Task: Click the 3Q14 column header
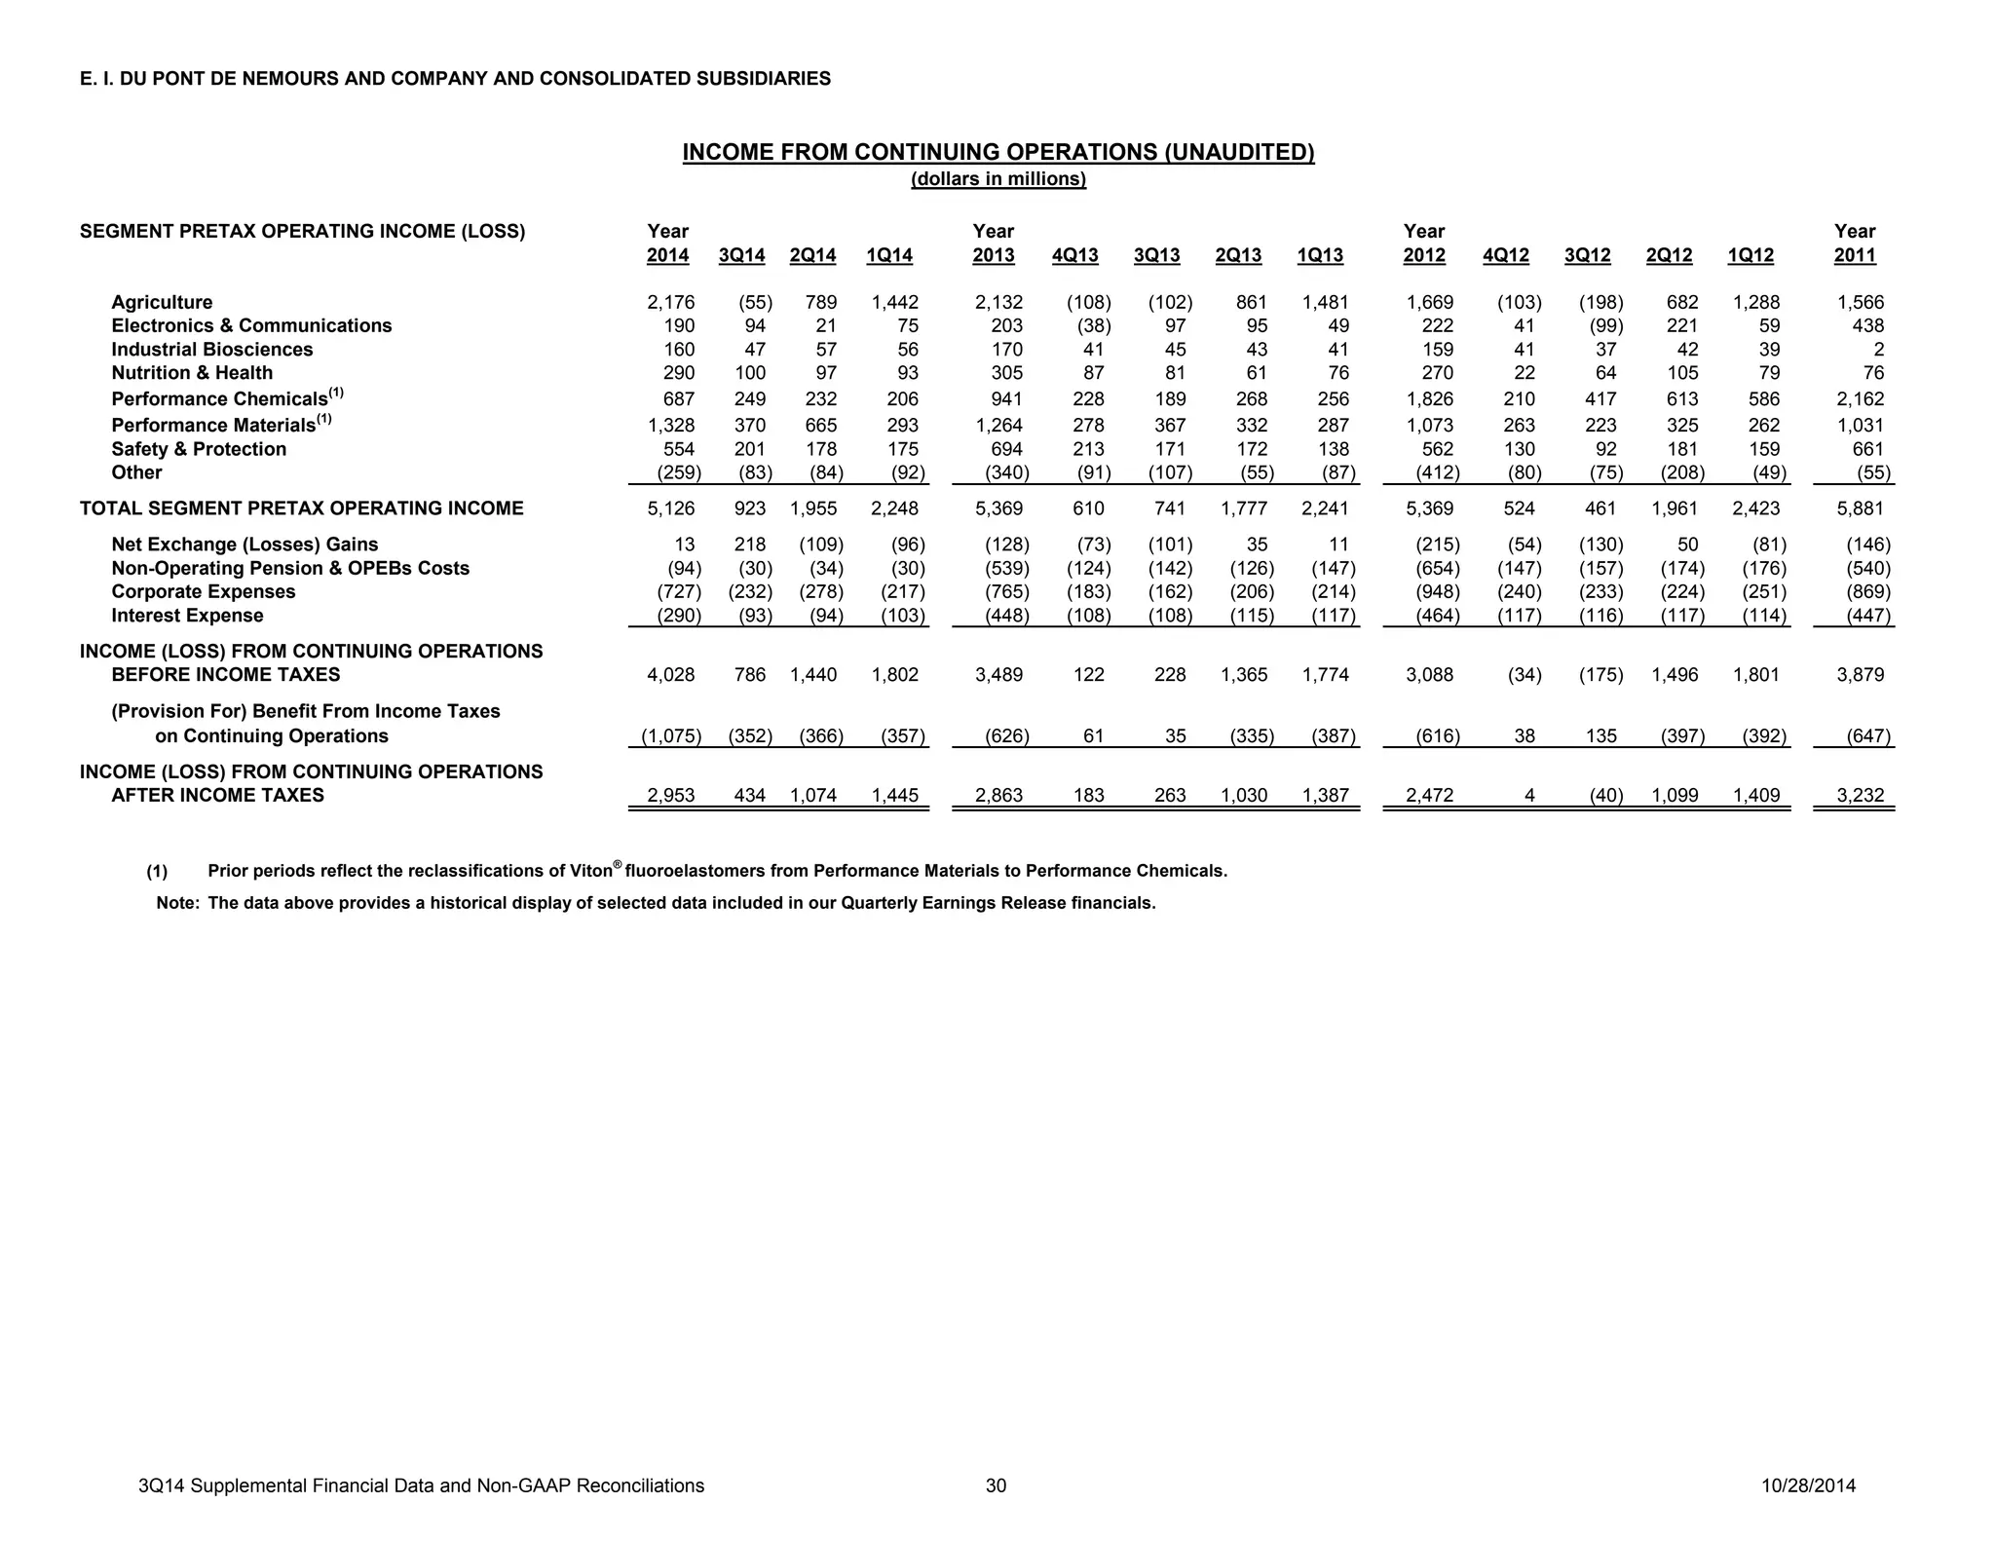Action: click(741, 256)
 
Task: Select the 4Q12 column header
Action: click(1505, 256)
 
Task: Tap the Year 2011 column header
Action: click(1855, 244)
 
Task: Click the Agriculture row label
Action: click(162, 303)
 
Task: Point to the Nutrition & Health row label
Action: click(192, 373)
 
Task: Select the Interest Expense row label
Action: click(187, 616)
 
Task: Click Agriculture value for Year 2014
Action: click(670, 303)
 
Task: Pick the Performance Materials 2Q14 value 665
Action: click(820, 426)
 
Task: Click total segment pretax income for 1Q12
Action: click(1755, 508)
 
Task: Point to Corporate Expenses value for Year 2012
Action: click(1437, 592)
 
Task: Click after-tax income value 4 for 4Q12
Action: click(1529, 796)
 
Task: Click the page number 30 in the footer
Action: click(996, 1485)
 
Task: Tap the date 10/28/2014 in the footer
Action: click(1808, 1485)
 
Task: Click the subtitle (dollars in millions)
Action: click(997, 179)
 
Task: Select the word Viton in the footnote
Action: click(590, 871)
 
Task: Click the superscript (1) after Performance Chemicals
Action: click(336, 393)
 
